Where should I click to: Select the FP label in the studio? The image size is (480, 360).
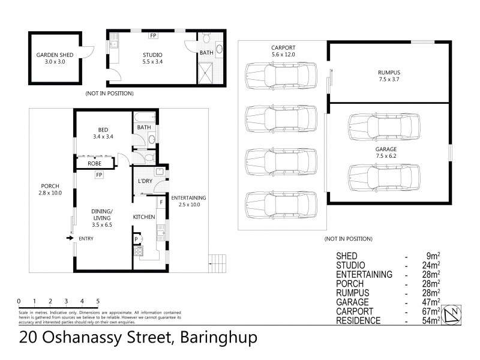(153, 35)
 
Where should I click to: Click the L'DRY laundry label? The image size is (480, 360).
(144, 181)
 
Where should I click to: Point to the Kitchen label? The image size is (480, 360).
(145, 217)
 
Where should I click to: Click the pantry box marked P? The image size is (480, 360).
(136, 239)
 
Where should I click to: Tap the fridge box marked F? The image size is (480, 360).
(160, 195)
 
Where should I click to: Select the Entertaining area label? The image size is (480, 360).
(188, 197)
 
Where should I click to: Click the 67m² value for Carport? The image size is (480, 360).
(431, 311)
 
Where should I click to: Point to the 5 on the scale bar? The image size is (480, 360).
(97, 301)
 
